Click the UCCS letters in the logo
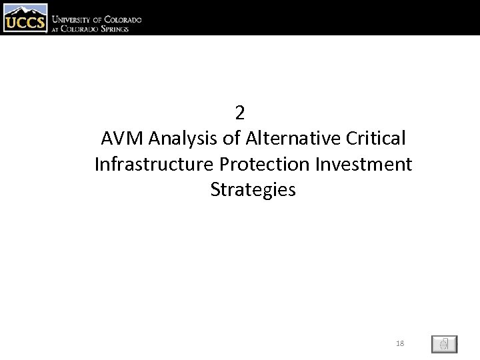[x=25, y=24]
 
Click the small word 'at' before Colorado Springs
[x=57, y=29]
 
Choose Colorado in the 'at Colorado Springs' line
[x=83, y=29]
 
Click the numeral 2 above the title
[x=240, y=113]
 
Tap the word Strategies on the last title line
[x=253, y=190]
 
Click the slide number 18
[x=400, y=343]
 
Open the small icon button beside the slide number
[x=444, y=344]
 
